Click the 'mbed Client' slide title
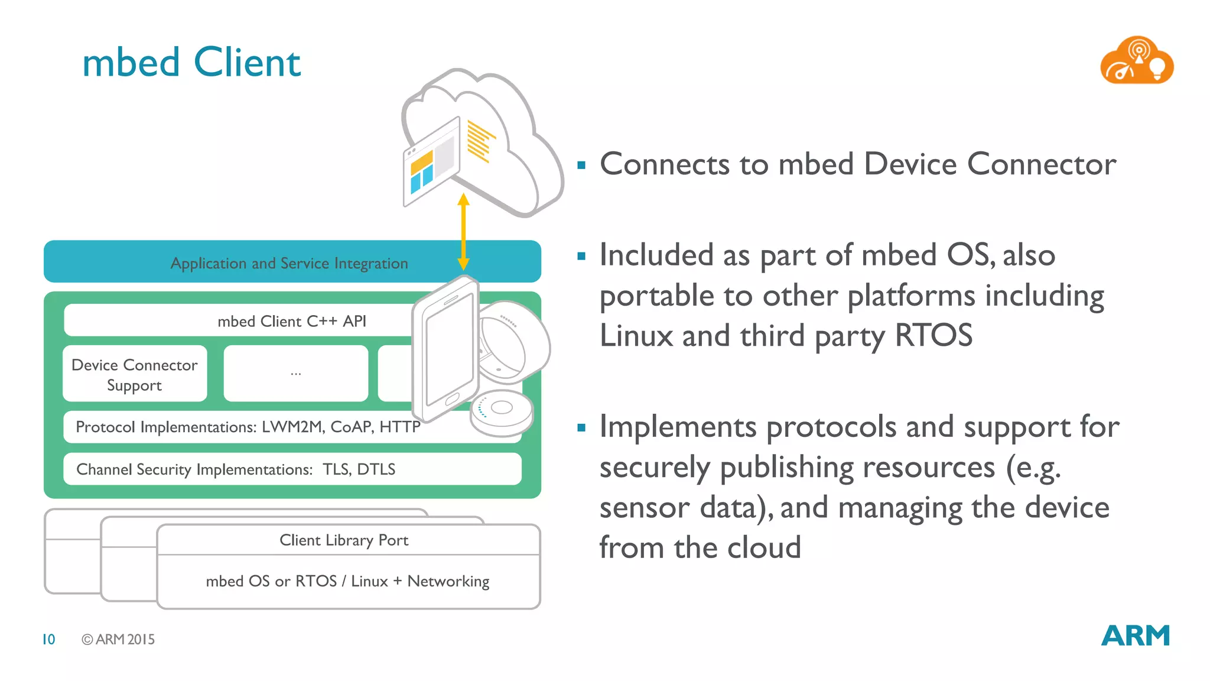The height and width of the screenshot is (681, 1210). click(x=191, y=63)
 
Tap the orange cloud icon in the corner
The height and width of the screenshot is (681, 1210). click(x=1136, y=61)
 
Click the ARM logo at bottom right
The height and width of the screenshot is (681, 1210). click(x=1135, y=636)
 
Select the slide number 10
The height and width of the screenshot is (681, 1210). click(x=48, y=639)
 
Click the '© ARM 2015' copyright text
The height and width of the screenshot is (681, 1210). click(x=118, y=639)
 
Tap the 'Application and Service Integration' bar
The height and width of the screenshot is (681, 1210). click(x=289, y=262)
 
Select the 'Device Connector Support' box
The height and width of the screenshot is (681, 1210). click(x=135, y=374)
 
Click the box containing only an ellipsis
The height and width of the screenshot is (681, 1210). click(x=295, y=374)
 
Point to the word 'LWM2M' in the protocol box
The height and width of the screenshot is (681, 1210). click(x=292, y=427)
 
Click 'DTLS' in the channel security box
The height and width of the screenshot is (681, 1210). click(x=376, y=469)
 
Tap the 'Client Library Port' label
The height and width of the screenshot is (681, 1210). click(x=343, y=540)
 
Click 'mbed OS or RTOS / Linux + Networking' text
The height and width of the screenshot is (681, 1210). click(x=347, y=581)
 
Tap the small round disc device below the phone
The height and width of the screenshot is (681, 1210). click(x=502, y=413)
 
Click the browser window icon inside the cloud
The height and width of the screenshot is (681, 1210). click(x=431, y=161)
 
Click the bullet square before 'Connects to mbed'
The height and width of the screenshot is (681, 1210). click(x=581, y=166)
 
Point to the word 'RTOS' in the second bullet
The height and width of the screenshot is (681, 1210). click(x=933, y=335)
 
